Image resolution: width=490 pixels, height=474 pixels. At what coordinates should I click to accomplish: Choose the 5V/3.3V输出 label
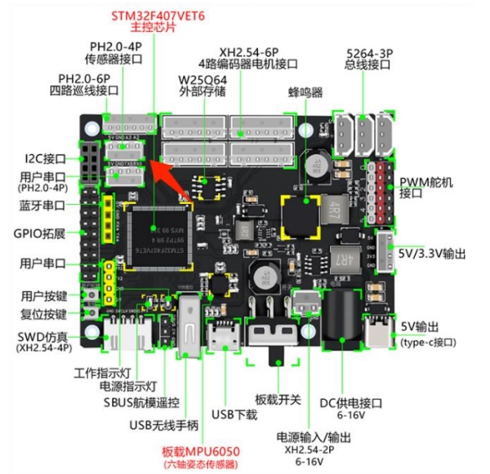pos(434,255)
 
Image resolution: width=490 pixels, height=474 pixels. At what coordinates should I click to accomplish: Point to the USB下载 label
pos(234,414)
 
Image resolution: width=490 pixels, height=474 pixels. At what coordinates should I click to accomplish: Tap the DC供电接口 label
pos(354,403)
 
